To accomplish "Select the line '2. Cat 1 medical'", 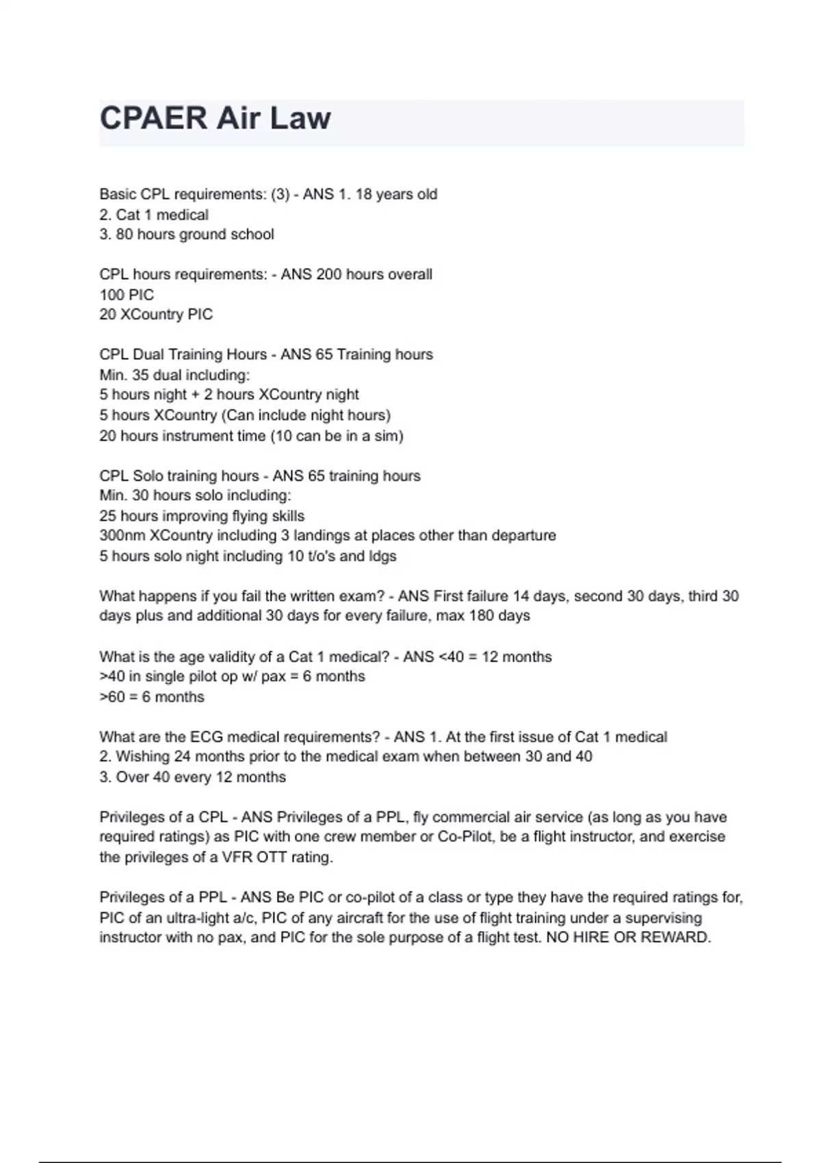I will pos(154,215).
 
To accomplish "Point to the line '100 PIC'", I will pos(127,295).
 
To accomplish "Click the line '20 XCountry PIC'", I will pos(156,315).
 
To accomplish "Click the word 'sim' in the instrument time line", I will pos(387,436).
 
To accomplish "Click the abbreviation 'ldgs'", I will pos(382,556).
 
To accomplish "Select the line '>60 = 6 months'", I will pos(152,697).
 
